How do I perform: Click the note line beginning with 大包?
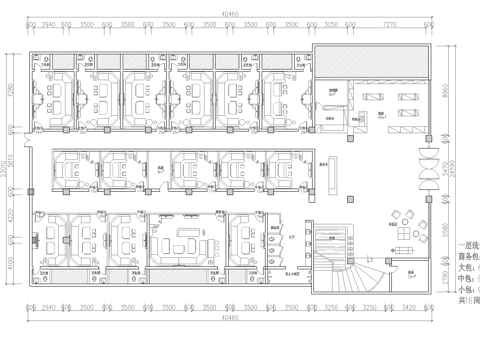[x=466, y=267]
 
